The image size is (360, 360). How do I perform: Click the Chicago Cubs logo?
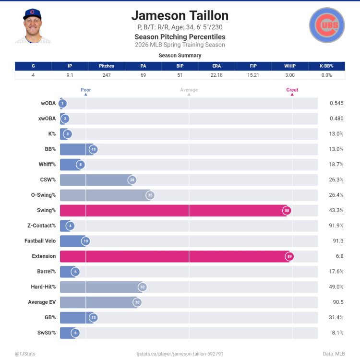click(327, 25)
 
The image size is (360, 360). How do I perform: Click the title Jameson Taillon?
click(180, 15)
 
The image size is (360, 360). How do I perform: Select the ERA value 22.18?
click(216, 75)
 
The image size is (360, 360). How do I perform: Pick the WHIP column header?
click(289, 66)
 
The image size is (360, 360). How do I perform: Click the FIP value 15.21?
click(253, 75)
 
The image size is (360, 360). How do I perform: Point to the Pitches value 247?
click(107, 75)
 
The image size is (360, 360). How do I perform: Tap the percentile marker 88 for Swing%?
click(287, 211)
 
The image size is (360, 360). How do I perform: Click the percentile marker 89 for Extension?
click(289, 257)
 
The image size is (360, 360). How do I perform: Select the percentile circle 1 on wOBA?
click(62, 103)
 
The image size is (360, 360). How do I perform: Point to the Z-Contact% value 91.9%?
click(336, 226)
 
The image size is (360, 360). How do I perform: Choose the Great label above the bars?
click(292, 90)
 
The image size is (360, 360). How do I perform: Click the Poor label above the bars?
click(85, 90)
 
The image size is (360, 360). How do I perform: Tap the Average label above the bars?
click(189, 90)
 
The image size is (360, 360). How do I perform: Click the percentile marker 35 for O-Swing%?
click(150, 195)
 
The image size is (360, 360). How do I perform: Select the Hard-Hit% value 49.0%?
click(336, 287)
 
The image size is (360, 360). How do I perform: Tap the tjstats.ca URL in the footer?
click(180, 354)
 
